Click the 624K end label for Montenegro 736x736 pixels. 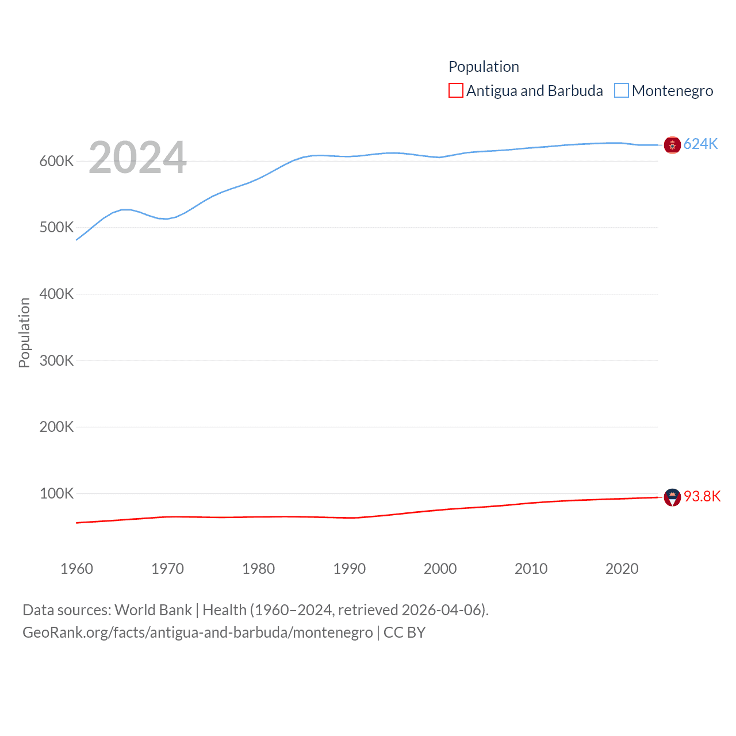[x=700, y=144]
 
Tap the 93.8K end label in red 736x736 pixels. [x=701, y=496]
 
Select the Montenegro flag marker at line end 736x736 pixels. [x=672, y=145]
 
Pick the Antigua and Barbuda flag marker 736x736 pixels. [x=672, y=497]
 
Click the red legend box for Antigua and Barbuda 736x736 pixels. [x=456, y=91]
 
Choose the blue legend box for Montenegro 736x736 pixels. [x=622, y=91]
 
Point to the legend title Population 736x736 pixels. [x=484, y=67]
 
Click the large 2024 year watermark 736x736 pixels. [x=137, y=158]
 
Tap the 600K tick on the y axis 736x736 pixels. [x=56, y=161]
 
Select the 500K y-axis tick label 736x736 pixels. [x=56, y=228]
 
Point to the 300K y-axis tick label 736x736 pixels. [x=56, y=361]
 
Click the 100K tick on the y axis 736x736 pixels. [x=56, y=493]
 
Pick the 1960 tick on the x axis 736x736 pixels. [x=76, y=569]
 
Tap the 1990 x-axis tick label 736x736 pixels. [x=349, y=569]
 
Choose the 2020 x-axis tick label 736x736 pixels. [x=622, y=569]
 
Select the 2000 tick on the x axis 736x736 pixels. [x=440, y=569]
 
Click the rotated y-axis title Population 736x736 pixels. [x=24, y=332]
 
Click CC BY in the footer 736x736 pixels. [x=404, y=632]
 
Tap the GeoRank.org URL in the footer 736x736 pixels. [x=198, y=632]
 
